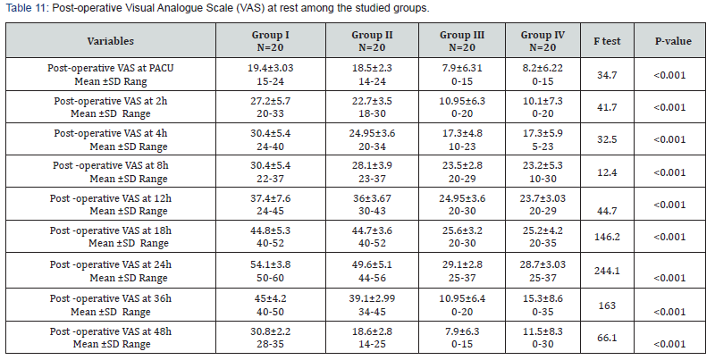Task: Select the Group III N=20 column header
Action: (462, 41)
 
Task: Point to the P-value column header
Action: (670, 41)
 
